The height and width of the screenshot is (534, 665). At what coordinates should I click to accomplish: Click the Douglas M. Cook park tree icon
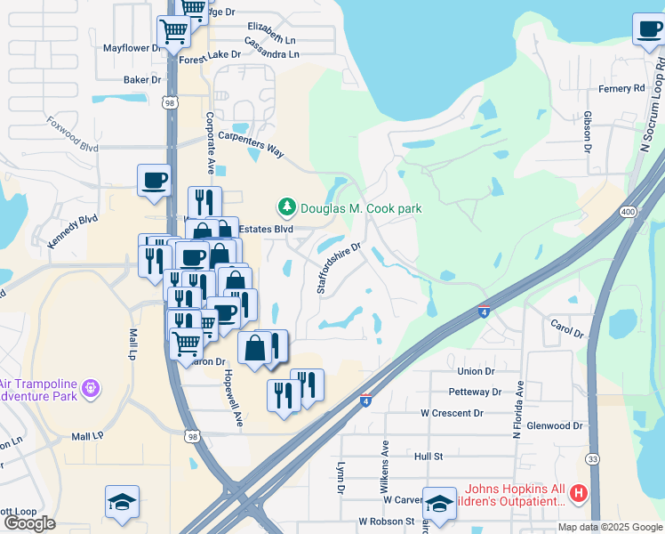[286, 208]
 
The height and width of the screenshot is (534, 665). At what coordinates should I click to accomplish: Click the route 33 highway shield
[592, 458]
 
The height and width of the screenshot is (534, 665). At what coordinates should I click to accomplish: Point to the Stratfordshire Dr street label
[340, 268]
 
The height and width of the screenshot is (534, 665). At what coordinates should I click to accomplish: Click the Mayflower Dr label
[132, 48]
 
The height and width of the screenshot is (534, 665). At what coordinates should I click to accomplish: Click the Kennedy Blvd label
[72, 230]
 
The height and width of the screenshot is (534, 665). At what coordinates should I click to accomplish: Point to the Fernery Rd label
[621, 88]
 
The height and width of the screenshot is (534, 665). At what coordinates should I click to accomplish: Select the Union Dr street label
[476, 371]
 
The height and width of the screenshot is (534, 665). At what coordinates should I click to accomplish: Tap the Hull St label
[429, 456]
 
